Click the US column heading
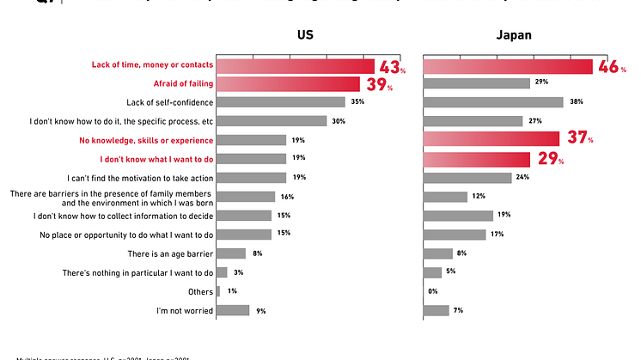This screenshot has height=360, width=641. pyautogui.click(x=305, y=35)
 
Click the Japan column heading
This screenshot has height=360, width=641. pyautogui.click(x=514, y=35)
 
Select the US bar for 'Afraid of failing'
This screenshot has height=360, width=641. pyautogui.click(x=288, y=83)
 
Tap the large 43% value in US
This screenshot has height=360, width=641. pyautogui.click(x=391, y=65)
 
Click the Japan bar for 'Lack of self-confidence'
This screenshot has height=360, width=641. pyautogui.click(x=492, y=102)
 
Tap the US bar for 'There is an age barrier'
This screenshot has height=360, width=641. pyautogui.click(x=231, y=253)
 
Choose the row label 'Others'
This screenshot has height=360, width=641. pyautogui.click(x=198, y=291)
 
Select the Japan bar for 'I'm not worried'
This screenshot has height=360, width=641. pyautogui.click(x=436, y=310)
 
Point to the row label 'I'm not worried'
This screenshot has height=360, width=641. pyautogui.click(x=184, y=310)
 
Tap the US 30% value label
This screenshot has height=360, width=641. pyautogui.click(x=339, y=121)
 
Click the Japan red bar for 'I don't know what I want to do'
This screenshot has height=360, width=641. pyautogui.click(x=476, y=159)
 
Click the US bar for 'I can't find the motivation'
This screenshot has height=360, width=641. pyautogui.click(x=251, y=178)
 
